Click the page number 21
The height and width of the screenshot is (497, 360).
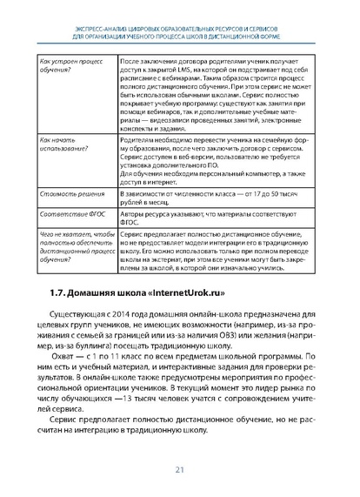181,470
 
